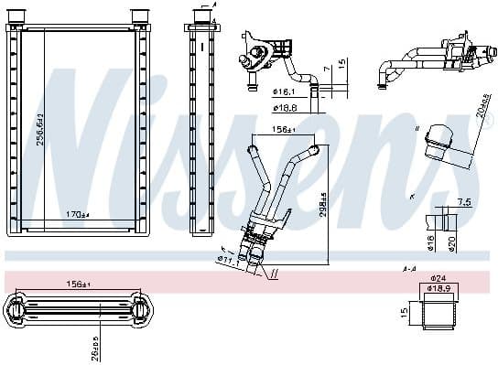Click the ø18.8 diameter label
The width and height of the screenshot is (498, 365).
[x=285, y=108]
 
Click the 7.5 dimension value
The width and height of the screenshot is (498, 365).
[x=463, y=202]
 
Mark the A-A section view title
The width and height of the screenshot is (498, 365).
[x=409, y=269]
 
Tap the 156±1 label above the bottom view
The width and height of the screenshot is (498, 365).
[x=76, y=284]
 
